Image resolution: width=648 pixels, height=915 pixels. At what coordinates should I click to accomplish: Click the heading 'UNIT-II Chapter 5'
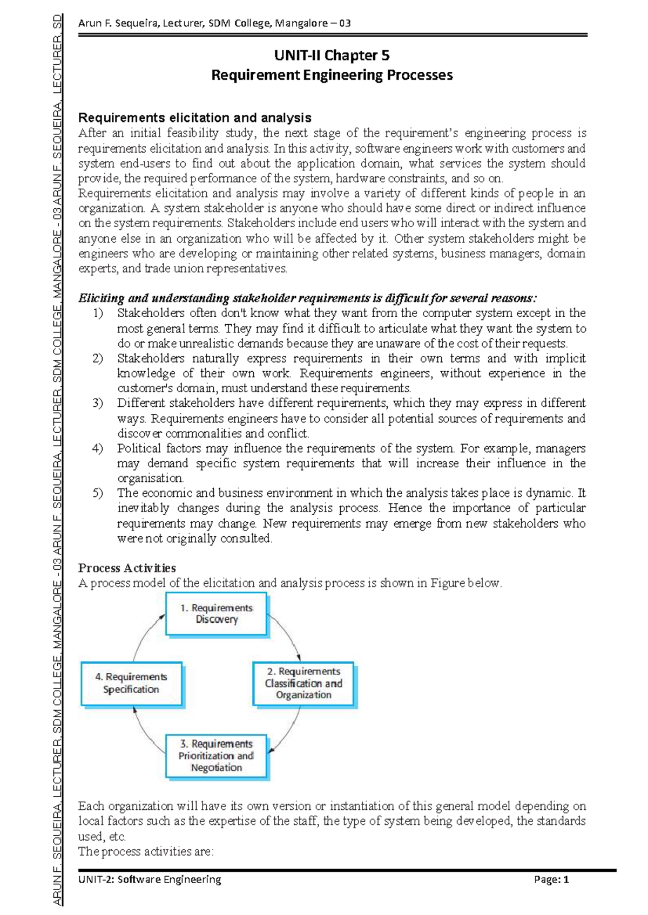pos(332,56)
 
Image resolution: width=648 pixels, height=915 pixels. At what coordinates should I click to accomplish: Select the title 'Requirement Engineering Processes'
pos(332,75)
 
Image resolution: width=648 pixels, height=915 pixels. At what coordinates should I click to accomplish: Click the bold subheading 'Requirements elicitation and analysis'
pos(194,118)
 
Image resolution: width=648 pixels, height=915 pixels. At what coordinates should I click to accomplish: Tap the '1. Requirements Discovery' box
pos(216,614)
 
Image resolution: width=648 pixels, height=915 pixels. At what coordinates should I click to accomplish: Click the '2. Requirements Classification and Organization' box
pos(303,683)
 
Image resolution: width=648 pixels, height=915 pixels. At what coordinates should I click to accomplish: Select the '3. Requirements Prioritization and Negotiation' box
pos(216,755)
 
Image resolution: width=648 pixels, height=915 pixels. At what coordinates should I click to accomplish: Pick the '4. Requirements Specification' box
pos(131,683)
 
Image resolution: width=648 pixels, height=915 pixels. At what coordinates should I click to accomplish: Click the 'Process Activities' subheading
pos(127,568)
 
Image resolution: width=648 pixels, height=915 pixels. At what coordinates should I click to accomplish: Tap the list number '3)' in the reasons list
pos(98,403)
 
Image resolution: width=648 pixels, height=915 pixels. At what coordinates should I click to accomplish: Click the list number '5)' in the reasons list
pos(98,493)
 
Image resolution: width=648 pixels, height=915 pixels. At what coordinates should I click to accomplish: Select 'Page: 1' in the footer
pos(551,880)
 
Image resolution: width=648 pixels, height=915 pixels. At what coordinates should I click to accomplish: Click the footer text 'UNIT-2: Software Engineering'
pos(150,880)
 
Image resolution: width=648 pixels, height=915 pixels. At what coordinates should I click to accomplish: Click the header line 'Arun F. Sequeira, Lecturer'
pos(214,23)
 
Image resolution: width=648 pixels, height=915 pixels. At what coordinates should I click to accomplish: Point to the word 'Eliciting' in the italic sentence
pos(101,298)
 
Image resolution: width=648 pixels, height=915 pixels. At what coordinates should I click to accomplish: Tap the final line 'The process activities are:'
pos(146,852)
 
